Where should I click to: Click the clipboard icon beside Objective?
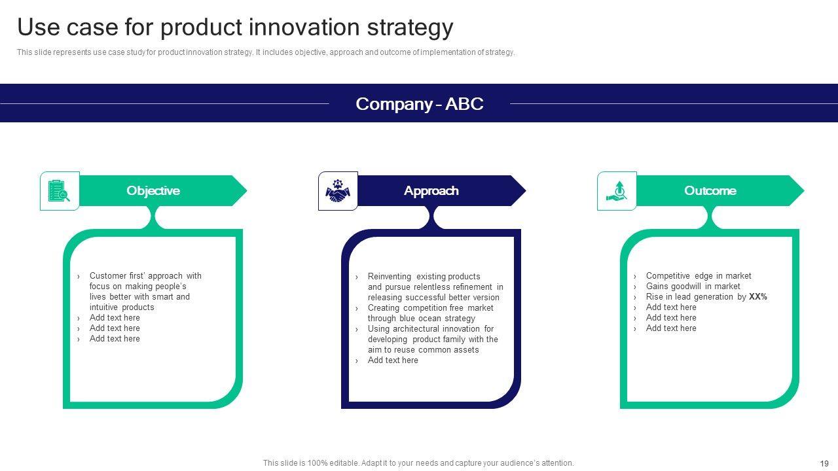pyautogui.click(x=59, y=191)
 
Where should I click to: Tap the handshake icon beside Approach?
pyautogui.click(x=338, y=190)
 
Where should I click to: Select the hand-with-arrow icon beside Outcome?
pyautogui.click(x=616, y=190)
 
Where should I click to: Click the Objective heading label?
pyautogui.click(x=153, y=190)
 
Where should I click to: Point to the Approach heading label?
pyautogui.click(x=431, y=190)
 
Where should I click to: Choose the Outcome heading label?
pyautogui.click(x=710, y=190)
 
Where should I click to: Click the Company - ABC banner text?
pyautogui.click(x=420, y=104)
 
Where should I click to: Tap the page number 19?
pyautogui.click(x=824, y=464)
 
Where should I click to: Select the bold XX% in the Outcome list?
pyautogui.click(x=758, y=297)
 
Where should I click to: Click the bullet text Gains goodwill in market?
pyautogui.click(x=693, y=287)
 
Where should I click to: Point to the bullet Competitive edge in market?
pyautogui.click(x=699, y=276)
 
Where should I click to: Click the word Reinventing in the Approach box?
pyautogui.click(x=389, y=277)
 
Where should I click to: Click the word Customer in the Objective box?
pyautogui.click(x=108, y=276)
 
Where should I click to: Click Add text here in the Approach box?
pyautogui.click(x=393, y=360)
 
